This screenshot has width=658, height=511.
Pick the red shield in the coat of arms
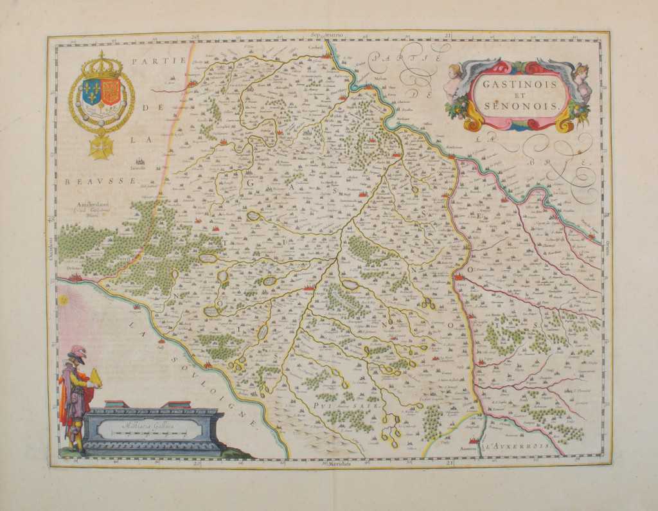coord(111,92)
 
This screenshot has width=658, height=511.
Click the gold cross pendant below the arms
coord(101,147)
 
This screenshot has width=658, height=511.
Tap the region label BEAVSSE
coord(100,181)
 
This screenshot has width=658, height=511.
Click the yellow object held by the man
coord(96,379)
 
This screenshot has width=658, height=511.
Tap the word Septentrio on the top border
coord(327,34)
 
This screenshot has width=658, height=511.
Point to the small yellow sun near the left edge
coord(64,300)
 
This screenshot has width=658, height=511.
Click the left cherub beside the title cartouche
coord(455,81)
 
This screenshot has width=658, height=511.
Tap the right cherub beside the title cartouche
coord(582,78)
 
